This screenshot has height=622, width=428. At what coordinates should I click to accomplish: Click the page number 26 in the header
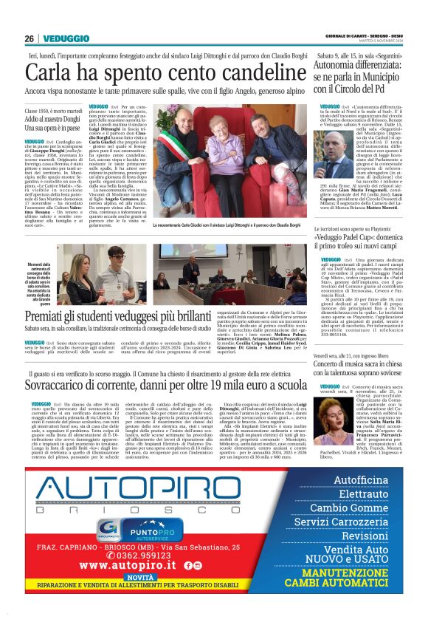[28, 38]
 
